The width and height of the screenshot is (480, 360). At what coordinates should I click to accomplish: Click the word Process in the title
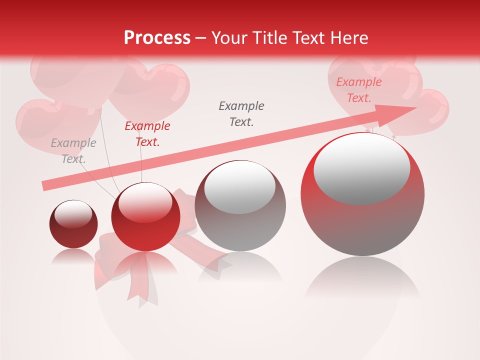pos(157,38)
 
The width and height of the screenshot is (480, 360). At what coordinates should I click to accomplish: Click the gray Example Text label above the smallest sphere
pos(73,151)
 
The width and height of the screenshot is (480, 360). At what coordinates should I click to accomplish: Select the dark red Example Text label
pos(147,134)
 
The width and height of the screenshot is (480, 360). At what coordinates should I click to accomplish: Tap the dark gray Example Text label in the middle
pos(241,114)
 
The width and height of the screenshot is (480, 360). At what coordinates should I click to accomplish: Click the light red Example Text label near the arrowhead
pos(358,90)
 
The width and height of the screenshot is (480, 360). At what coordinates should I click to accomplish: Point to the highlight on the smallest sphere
pos(73,213)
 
